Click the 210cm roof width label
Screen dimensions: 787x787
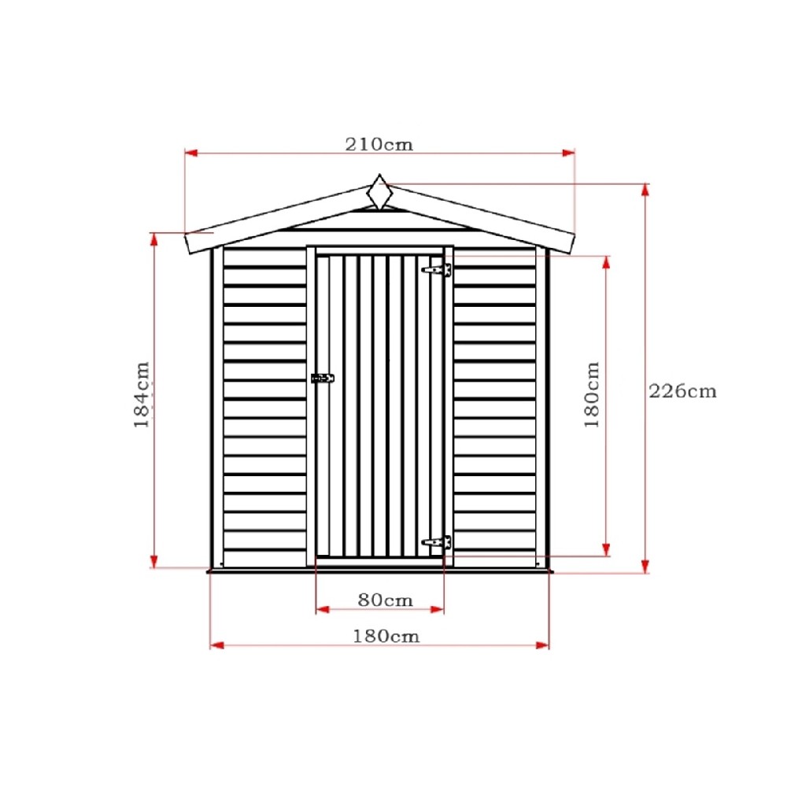click(x=379, y=145)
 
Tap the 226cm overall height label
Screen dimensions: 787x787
click(x=682, y=391)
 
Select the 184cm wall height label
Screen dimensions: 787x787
click(x=142, y=394)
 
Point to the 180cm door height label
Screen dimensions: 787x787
click(x=592, y=394)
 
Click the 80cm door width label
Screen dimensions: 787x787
click(x=386, y=600)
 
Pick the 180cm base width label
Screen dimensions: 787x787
click(x=386, y=637)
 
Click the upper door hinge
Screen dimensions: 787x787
click(x=437, y=270)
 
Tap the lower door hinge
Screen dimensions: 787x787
click(x=437, y=542)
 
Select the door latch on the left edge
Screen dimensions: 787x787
click(x=322, y=378)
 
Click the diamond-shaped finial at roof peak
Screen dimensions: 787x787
click(x=380, y=192)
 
